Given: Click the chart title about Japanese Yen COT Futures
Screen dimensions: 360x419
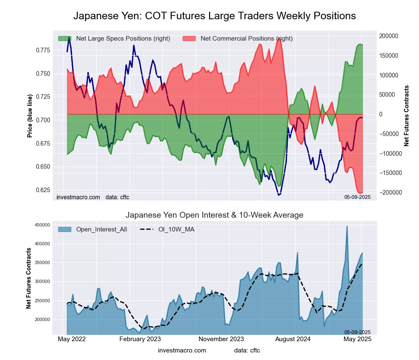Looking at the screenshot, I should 215,16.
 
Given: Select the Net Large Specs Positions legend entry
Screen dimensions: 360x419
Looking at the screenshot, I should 123,39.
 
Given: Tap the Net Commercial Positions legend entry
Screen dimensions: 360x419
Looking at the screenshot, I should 246,39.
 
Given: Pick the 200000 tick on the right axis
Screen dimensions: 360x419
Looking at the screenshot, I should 388,36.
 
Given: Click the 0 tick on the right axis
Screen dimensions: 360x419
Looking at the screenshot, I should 381,114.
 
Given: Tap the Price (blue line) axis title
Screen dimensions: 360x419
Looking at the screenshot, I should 30,116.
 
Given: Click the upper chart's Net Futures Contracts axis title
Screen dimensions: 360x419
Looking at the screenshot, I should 406,116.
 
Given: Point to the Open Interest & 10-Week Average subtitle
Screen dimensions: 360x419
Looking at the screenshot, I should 215,215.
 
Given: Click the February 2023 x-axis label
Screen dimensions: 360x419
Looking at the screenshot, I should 140,339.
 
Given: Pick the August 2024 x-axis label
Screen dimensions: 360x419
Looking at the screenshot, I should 296,339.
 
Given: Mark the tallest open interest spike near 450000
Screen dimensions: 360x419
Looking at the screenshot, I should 347,226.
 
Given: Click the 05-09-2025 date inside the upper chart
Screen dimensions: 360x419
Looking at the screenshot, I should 357,197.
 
